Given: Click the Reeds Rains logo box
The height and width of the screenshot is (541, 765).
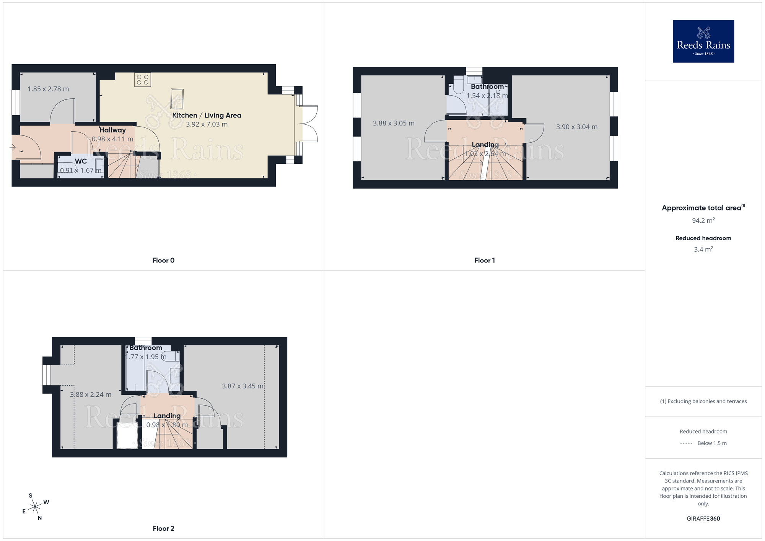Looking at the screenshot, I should coord(703,41).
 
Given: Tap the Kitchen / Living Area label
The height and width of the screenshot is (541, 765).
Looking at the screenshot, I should coord(207,115).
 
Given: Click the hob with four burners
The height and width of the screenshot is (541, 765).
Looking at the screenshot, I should coord(143,80).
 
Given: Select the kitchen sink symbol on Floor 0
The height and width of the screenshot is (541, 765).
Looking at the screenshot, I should coord(177,99).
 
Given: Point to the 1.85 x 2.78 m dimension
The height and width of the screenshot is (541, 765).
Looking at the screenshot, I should coord(48,89).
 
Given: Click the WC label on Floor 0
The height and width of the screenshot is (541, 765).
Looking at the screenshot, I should coord(81,161).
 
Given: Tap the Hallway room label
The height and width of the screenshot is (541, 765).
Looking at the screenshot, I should coord(112,130).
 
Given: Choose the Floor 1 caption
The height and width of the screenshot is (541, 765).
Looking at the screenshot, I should coord(484,260).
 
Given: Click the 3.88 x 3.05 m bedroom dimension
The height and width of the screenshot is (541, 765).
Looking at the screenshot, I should coord(394,123).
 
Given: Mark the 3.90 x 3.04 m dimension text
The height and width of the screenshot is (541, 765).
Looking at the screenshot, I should coord(576,127).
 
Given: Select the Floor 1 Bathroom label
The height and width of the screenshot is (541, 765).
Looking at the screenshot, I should coord(487,86).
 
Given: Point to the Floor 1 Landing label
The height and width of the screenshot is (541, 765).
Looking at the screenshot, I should coord(485,145).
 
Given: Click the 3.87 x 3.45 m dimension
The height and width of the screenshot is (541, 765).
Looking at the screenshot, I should coord(243,386).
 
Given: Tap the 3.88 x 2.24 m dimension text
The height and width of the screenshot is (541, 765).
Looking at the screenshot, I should coord(91,394).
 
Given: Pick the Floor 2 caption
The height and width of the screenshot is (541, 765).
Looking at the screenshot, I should coord(163,528).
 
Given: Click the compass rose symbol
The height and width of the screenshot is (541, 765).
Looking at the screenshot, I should coord(35,507).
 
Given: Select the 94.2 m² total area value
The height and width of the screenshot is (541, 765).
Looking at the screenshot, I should coord(703,220).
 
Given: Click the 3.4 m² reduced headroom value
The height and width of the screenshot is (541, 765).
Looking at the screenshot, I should coord(703,249).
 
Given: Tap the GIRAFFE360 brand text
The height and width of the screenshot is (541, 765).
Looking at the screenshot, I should coord(703,518).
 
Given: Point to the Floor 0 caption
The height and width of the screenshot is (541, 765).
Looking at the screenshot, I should coord(163,260).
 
